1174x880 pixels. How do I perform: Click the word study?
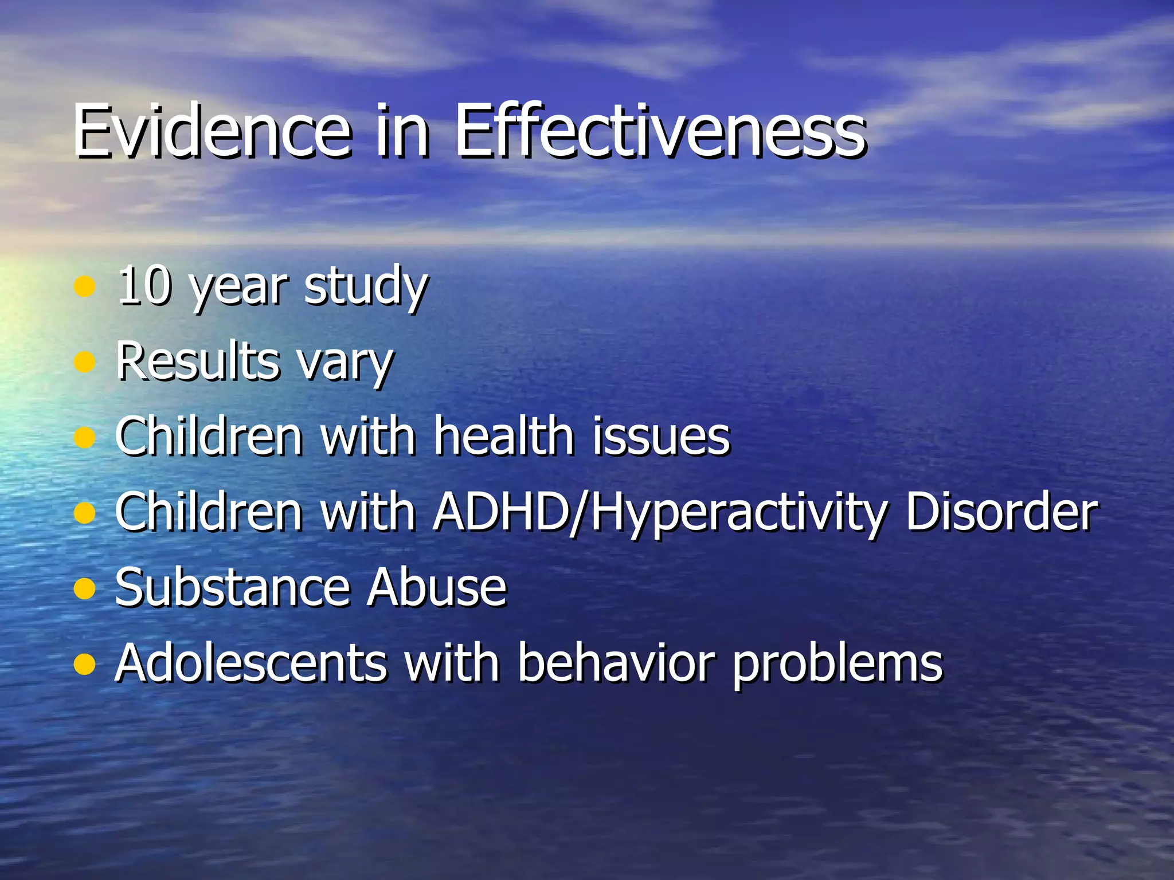pyautogui.click(x=366, y=286)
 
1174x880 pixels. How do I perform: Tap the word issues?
pyautogui.click(x=661, y=437)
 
